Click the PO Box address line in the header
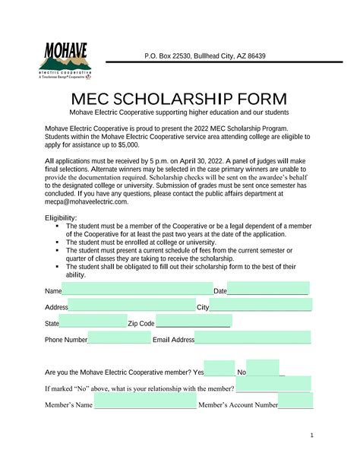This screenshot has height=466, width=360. coord(216,56)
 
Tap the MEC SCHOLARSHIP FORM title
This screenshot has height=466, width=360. coord(179,100)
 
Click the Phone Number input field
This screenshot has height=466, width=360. coord(119,339)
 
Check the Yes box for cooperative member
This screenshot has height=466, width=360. coord(220,372)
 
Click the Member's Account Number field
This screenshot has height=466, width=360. coord(295,404)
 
